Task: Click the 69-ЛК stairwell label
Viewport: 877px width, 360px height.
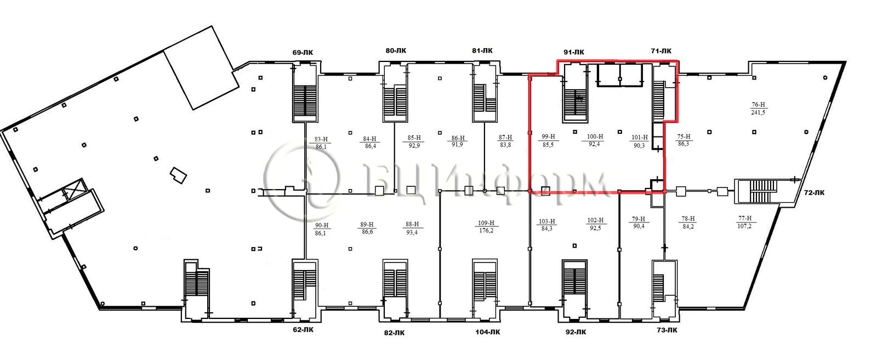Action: tap(303, 53)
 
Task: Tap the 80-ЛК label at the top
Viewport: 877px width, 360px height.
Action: tap(396, 50)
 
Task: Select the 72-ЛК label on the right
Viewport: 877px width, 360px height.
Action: tap(814, 192)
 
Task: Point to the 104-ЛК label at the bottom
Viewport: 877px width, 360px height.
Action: tap(487, 332)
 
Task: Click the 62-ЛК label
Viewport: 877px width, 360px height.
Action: tap(303, 329)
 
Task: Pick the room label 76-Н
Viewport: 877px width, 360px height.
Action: tap(759, 105)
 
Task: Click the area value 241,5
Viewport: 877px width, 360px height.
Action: tap(758, 112)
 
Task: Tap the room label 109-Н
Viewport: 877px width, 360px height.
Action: tap(486, 223)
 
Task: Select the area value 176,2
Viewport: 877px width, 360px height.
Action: tap(486, 231)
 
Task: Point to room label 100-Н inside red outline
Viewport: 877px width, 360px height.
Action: tap(595, 136)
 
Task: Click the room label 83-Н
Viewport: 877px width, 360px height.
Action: tap(321, 139)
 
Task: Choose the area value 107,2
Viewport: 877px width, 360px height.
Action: tap(744, 226)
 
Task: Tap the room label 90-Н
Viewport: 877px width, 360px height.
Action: tap(321, 225)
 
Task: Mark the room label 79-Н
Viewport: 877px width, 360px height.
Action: tap(638, 219)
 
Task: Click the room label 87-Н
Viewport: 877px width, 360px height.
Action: tap(505, 138)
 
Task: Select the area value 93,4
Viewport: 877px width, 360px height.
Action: tap(412, 232)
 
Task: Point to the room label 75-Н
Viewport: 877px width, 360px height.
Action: tap(684, 136)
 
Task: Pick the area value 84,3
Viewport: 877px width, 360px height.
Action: tap(546, 229)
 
